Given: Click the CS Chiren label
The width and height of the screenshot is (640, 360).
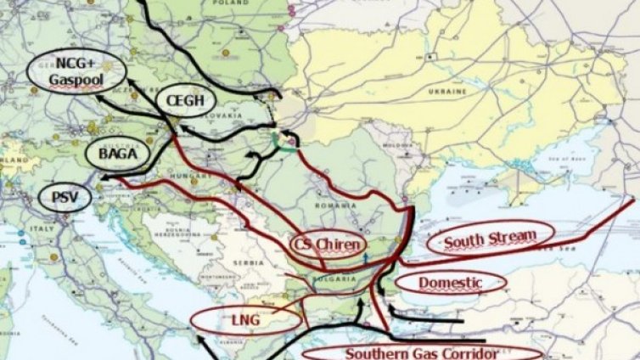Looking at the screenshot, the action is [327, 245].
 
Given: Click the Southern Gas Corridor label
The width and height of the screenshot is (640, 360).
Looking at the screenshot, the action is [422, 352].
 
